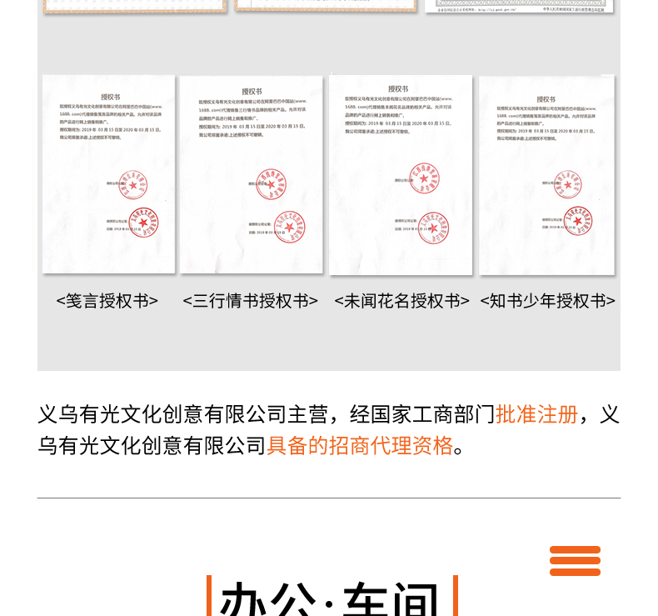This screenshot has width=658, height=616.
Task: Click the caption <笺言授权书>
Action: pos(107,301)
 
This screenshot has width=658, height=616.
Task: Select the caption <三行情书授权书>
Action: pos(250,301)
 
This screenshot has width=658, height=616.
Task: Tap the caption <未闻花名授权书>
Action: pos(401,301)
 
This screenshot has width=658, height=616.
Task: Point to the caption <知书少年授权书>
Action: pos(547,301)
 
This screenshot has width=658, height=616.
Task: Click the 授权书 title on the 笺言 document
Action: pos(110,97)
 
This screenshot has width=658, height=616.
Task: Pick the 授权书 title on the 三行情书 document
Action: pos(252,92)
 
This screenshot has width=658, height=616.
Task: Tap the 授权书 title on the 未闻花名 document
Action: pos(399,89)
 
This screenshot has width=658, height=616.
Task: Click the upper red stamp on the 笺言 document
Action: pos(132,184)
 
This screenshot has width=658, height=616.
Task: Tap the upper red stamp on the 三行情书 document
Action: pos(271,184)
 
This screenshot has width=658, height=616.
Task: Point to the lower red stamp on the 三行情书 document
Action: pos(289,227)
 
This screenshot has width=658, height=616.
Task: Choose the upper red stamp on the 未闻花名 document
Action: pos(424,178)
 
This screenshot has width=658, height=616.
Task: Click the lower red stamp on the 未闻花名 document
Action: pos(434,228)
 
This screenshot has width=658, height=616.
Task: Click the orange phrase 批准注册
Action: pos(536,414)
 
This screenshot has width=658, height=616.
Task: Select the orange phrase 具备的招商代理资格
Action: pos(360,445)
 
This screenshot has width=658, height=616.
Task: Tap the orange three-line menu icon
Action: pos(575,561)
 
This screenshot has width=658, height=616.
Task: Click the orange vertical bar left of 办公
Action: pos(209,597)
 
